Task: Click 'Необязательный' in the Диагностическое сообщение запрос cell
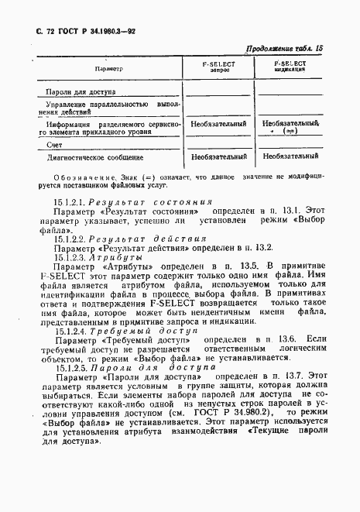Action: point(218,157)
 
